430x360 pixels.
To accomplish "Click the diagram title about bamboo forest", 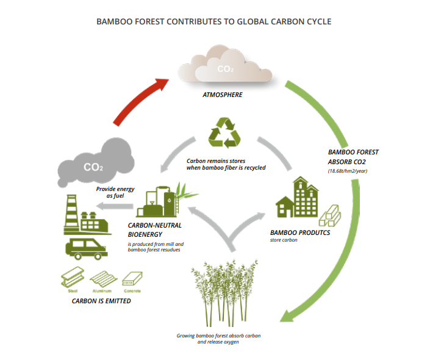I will tap(214, 21).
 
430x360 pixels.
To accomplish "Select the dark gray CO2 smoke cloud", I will tap(96, 162).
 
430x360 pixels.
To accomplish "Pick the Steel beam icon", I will tap(73, 279).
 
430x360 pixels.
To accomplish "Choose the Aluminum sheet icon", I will tap(104, 279).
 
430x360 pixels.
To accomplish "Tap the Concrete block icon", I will tap(132, 279).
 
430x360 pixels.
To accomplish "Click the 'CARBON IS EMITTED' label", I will tap(101, 301).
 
